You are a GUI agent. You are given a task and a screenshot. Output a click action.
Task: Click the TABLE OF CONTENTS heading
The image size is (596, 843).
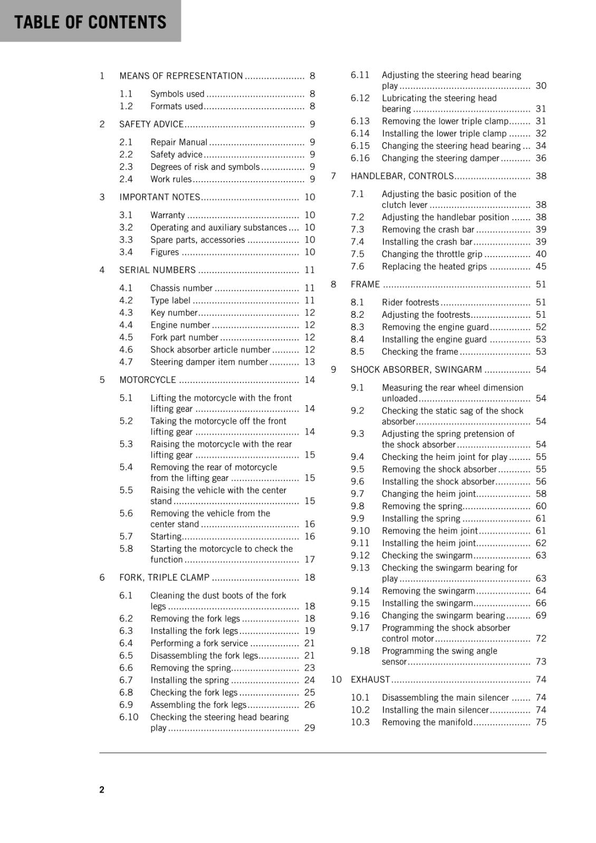[x=90, y=22]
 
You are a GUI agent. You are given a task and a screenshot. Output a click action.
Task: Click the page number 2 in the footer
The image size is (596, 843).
[x=102, y=789]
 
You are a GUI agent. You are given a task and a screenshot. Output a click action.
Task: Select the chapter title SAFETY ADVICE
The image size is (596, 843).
[x=151, y=124]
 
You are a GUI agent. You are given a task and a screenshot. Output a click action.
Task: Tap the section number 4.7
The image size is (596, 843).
[x=126, y=362]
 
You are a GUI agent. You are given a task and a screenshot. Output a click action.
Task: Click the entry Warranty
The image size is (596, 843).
[x=168, y=215]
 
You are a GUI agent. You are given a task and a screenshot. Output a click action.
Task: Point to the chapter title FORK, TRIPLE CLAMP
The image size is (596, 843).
[x=165, y=577]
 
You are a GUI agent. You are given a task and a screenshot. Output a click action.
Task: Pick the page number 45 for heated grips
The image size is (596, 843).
[x=541, y=267]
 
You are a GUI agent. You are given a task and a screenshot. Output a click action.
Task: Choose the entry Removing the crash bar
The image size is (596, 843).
[x=428, y=230]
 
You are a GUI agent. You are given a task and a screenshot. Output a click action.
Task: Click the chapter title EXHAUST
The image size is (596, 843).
[x=370, y=680]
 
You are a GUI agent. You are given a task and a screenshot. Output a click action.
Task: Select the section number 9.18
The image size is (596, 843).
[x=360, y=651]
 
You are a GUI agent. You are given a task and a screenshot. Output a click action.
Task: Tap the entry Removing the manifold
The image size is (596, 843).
[x=427, y=722]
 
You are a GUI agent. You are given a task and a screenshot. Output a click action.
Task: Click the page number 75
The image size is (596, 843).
[x=541, y=722]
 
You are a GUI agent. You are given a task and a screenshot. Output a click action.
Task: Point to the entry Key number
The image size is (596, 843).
[x=174, y=313]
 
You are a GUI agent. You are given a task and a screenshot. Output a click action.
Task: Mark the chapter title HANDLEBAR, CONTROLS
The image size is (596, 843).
[x=402, y=176]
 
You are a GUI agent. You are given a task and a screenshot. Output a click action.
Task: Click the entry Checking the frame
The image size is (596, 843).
[x=420, y=352]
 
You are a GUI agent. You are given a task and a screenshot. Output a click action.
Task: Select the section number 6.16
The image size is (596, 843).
[x=360, y=158]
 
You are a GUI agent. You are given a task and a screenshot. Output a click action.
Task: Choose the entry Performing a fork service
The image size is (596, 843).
[x=199, y=643]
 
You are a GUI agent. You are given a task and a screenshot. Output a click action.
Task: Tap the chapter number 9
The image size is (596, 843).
[x=333, y=370]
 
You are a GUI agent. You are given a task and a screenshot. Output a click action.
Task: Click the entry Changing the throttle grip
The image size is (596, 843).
[x=432, y=254]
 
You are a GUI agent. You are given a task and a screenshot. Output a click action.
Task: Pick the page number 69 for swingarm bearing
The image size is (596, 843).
[x=541, y=615]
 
